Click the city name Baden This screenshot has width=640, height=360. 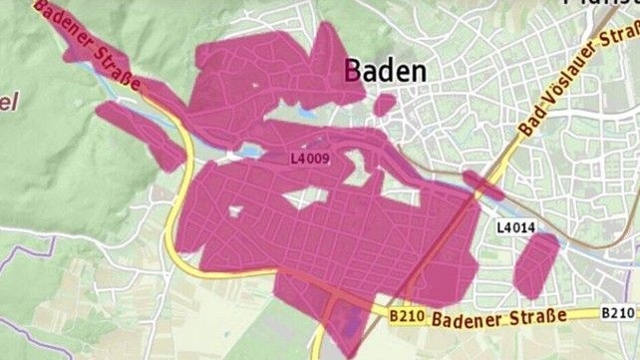tap(385, 71)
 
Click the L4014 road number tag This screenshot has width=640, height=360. tap(515, 228)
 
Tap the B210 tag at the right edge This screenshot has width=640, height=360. tap(618, 314)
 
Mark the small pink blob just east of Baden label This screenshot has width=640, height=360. tap(384, 103)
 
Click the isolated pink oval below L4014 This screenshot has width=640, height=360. tap(535, 264)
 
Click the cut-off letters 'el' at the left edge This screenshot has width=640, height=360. tap(9, 101)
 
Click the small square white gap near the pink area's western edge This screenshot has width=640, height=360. tap(235, 210)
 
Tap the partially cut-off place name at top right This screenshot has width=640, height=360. tap(599, 4)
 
